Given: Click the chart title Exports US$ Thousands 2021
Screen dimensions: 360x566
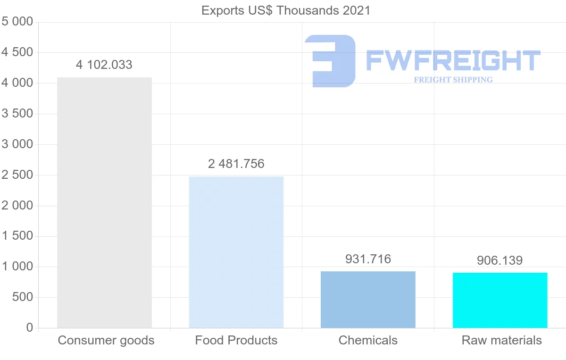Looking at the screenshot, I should click(x=286, y=10).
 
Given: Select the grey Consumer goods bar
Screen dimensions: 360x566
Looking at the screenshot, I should click(x=104, y=202).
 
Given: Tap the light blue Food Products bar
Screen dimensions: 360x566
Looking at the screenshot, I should click(x=236, y=252).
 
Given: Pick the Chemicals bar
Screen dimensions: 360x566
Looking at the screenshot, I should click(x=368, y=300).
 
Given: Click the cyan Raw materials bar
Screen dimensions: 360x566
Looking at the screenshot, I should click(x=500, y=300).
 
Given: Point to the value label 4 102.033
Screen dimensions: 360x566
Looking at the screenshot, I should click(x=104, y=65).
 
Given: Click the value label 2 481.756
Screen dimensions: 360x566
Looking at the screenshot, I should click(x=236, y=164).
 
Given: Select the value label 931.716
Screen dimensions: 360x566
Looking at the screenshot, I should click(x=368, y=259).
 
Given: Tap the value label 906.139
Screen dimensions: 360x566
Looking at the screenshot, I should click(x=500, y=260).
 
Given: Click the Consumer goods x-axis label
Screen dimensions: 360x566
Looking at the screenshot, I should click(x=106, y=340).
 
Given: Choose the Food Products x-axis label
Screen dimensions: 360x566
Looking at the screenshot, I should click(x=236, y=340).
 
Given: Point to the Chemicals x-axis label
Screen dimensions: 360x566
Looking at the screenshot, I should click(x=368, y=340).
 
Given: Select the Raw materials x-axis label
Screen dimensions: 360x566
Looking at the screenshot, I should click(x=502, y=340).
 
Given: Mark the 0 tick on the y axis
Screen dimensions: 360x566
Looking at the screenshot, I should click(x=30, y=328).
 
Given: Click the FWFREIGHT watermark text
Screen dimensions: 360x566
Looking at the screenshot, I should click(x=453, y=60).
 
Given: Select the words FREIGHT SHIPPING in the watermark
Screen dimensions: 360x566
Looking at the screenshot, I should click(x=453, y=80).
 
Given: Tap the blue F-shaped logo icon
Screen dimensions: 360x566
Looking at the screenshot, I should click(x=330, y=61).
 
